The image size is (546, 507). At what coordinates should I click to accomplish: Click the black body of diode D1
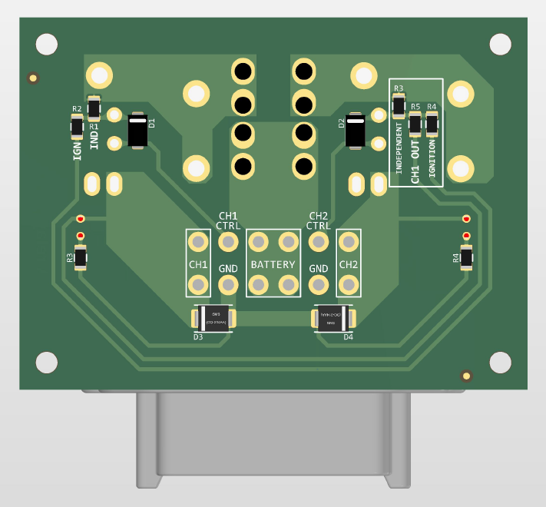(x=138, y=131)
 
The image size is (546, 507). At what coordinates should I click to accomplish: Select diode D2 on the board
(x=356, y=131)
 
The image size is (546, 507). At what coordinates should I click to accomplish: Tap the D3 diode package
(x=216, y=318)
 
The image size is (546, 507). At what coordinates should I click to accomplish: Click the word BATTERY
(x=273, y=265)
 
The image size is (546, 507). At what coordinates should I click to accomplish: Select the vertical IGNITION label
(x=432, y=157)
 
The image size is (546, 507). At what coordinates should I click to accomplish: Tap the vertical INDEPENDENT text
(x=399, y=147)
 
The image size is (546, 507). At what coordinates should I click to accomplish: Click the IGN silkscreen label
(x=77, y=148)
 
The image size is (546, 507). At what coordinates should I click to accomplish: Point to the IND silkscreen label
(x=94, y=140)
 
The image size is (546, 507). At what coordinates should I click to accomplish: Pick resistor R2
(x=77, y=125)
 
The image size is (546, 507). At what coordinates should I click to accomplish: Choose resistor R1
(x=94, y=108)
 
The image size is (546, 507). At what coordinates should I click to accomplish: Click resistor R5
(x=415, y=122)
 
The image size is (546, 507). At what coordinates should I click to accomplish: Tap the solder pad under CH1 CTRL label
(x=228, y=243)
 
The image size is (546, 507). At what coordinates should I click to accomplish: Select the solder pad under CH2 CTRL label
(x=318, y=243)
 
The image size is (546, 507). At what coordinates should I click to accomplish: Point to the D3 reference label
(x=197, y=337)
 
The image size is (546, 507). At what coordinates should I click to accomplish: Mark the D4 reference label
(x=348, y=337)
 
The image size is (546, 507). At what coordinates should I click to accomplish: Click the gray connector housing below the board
(x=273, y=438)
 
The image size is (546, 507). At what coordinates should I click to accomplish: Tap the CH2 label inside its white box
(x=349, y=265)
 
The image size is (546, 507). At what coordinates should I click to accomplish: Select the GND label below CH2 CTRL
(x=318, y=269)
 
